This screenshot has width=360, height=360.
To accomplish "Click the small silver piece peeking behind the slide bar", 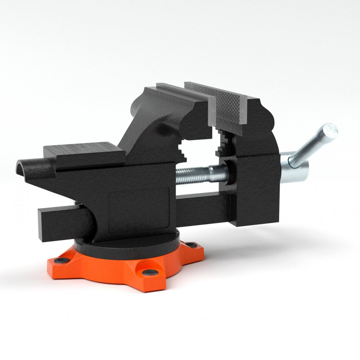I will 77,204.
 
